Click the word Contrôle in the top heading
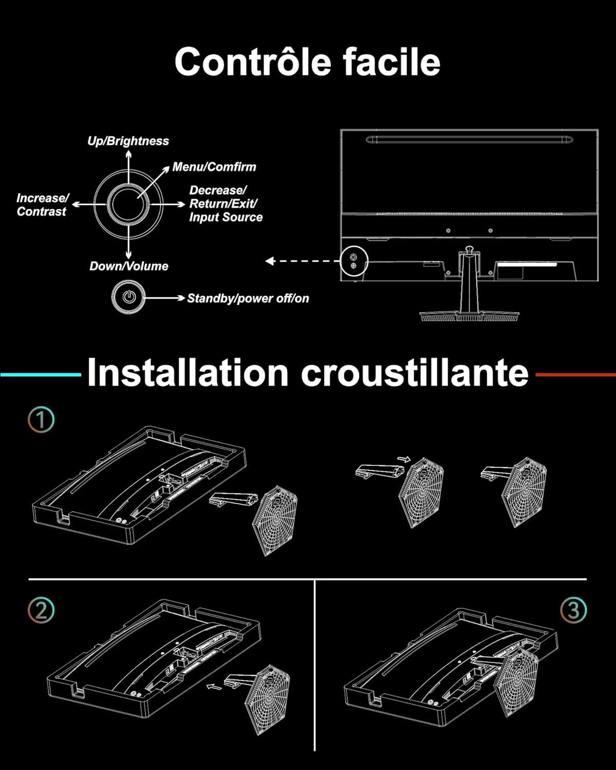coord(253,62)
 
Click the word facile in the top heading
coord(392,62)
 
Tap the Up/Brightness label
coord(128,141)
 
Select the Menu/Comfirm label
coord(214,167)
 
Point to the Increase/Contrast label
coord(43,205)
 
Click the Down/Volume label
coord(129,266)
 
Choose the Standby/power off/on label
coord(248,298)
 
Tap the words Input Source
coord(226,217)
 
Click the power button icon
coord(128,297)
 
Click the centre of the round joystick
coord(128,204)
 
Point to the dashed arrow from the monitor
coord(302,261)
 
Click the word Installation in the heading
coord(187,373)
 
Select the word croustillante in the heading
coord(414,373)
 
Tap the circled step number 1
coord(41,419)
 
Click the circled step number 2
coord(41,610)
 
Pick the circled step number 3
coord(573,610)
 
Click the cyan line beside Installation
coord(41,375)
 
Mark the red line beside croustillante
coord(575,375)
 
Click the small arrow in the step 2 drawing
coord(214,687)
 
